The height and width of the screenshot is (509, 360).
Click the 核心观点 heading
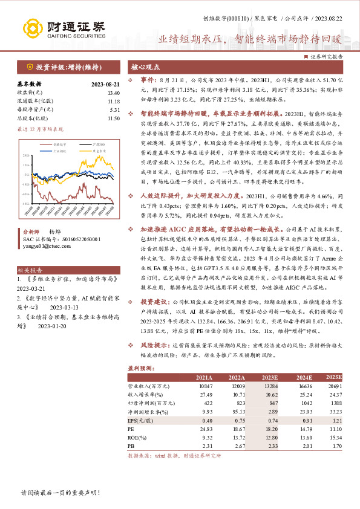pos(146,68)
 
